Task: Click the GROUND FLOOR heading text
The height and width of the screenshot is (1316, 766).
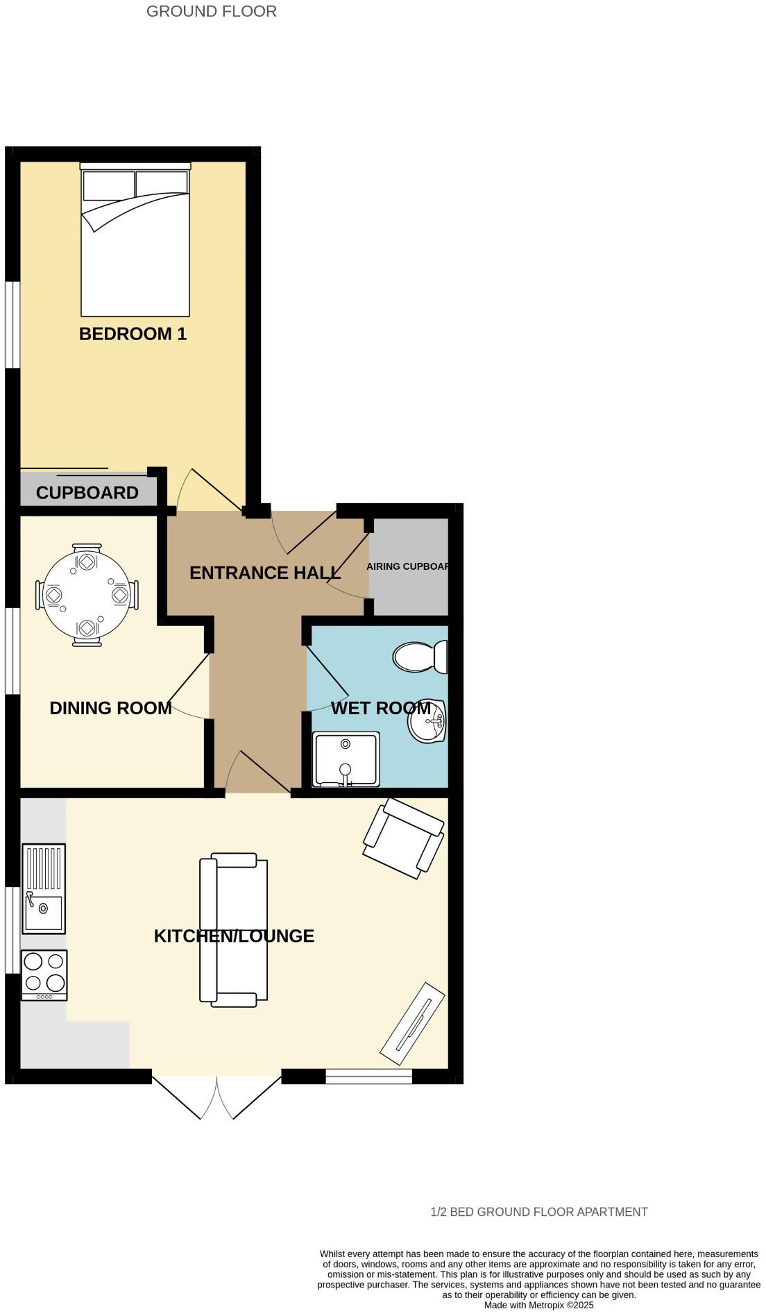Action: (x=211, y=11)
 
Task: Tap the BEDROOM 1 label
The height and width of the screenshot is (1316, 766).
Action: (x=133, y=334)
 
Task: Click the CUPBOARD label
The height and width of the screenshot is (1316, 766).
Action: (x=87, y=493)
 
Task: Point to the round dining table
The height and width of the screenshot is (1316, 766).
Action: (x=87, y=595)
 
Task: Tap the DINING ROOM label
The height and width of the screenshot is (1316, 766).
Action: (x=110, y=708)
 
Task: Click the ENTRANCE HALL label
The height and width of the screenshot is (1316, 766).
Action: (x=264, y=573)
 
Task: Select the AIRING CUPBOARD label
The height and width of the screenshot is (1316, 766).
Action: (x=408, y=566)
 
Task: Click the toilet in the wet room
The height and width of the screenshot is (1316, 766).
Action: (x=420, y=657)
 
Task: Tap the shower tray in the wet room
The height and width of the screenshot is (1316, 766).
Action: (x=346, y=759)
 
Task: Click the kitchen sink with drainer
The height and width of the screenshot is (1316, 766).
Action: (x=44, y=888)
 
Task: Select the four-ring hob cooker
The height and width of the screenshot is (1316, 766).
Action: (x=44, y=975)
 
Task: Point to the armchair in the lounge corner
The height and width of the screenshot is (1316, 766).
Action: (x=403, y=838)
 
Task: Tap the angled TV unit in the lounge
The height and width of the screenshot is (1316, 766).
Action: (x=413, y=1024)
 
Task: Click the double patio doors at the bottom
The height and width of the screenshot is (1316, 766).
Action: (x=216, y=1097)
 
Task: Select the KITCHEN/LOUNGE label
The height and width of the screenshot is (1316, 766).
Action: (x=234, y=936)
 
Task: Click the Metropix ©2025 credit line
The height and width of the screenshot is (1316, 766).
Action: (x=538, y=1305)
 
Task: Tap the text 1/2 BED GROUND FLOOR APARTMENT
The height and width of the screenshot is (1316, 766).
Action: (x=538, y=1212)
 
